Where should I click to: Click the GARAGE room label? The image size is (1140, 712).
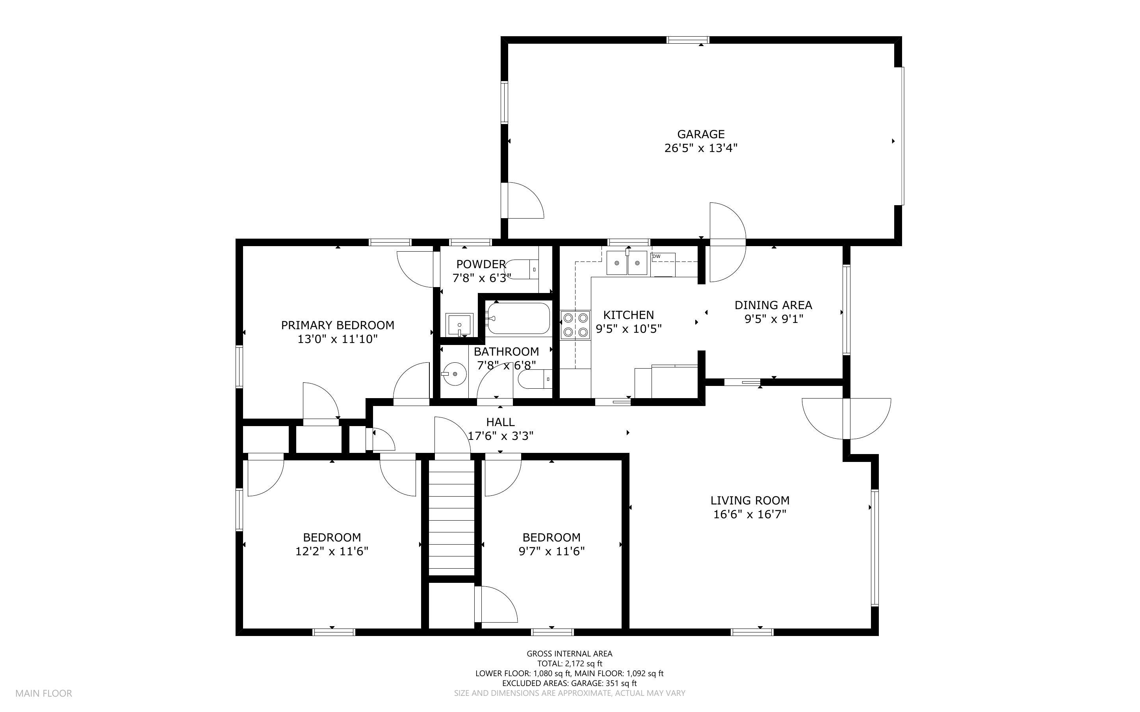pos(700,134)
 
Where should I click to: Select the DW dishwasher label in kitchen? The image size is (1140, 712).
pos(656,256)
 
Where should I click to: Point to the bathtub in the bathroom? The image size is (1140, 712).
pos(518,318)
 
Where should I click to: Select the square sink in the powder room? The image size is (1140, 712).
pos(459,324)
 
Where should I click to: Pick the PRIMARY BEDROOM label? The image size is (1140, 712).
pos(337,325)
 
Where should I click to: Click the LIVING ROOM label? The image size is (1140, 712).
pos(750,500)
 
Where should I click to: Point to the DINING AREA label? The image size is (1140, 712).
pos(773,305)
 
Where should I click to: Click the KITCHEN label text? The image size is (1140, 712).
pos(628,315)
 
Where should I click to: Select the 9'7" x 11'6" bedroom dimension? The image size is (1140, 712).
pos(551,551)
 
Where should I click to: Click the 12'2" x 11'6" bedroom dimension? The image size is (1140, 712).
pos(332,551)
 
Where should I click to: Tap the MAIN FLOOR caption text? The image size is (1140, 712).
pos(43,693)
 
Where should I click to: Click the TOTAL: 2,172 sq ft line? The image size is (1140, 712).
pos(569,664)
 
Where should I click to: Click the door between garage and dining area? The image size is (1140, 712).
pos(728,242)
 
